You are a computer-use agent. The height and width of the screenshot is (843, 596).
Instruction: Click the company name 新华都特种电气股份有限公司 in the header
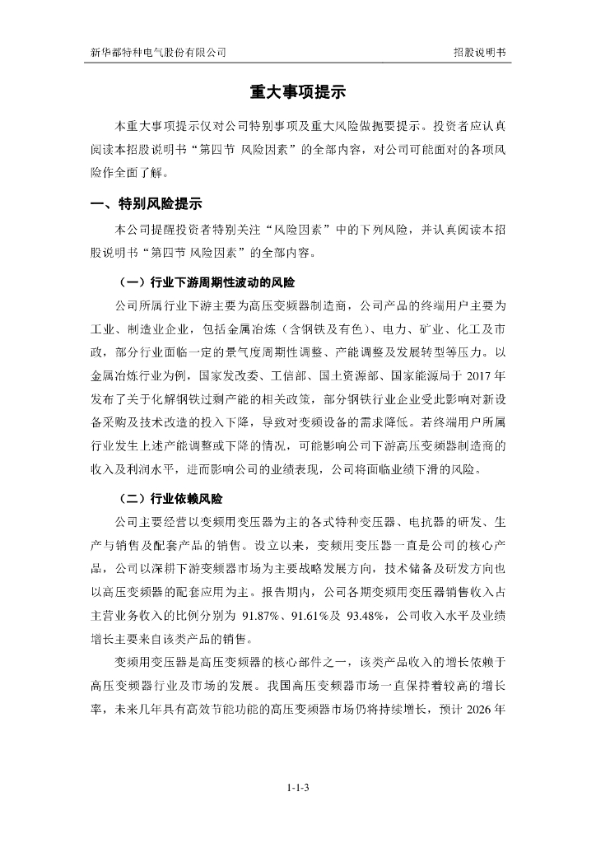click(x=158, y=51)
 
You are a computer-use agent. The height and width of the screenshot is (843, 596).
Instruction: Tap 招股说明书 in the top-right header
click(x=479, y=51)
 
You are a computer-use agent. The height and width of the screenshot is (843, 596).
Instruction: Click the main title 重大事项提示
click(x=297, y=93)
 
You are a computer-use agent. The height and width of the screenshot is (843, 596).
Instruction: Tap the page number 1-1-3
click(x=297, y=788)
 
